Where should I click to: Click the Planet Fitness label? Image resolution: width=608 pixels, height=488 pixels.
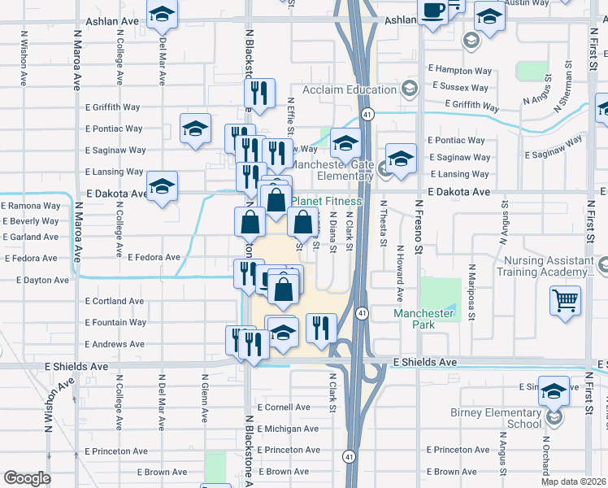(x=327, y=201)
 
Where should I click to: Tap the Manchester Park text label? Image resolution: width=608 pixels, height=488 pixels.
(x=423, y=319)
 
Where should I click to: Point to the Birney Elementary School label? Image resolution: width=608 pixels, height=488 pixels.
(x=495, y=418)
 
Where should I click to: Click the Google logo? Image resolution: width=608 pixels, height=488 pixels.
(x=27, y=478)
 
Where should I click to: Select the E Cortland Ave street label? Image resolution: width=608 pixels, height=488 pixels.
(x=115, y=301)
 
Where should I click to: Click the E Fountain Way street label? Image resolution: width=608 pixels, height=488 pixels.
(x=115, y=323)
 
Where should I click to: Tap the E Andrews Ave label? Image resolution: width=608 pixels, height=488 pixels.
(x=115, y=345)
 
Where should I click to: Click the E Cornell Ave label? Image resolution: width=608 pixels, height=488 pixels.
(x=283, y=407)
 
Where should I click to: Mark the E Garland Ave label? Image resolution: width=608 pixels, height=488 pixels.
(x=30, y=237)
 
